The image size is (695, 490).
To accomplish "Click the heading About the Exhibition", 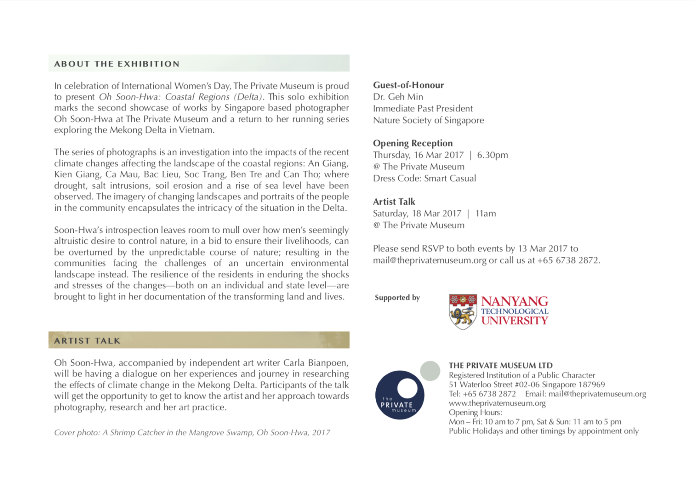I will (x=116, y=64).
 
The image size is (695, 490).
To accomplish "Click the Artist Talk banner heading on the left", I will (x=87, y=341).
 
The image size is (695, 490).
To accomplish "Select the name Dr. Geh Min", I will (x=398, y=97).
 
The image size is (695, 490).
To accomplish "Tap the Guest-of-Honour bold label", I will (x=408, y=85).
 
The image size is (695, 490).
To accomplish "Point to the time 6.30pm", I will (x=492, y=155).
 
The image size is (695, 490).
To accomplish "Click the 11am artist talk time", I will (x=486, y=213).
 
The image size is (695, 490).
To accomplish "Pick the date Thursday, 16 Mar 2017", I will (x=418, y=155).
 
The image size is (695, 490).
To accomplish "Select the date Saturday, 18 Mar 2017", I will (x=417, y=213).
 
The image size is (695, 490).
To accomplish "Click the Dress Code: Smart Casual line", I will (x=424, y=178).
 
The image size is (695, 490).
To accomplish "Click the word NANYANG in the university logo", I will (x=514, y=301).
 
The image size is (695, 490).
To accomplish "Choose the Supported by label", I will (x=397, y=298).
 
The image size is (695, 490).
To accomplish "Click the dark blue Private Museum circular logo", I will (x=400, y=395).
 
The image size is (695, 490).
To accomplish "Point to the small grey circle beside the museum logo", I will (x=430, y=371).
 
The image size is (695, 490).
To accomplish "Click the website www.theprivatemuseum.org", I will (x=497, y=403).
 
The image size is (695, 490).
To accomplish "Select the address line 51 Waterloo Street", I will (x=526, y=384).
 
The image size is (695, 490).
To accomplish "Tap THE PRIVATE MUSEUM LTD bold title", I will (x=500, y=365).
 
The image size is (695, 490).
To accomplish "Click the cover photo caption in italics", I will (x=192, y=433).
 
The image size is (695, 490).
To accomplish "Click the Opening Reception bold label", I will (x=413, y=143).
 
